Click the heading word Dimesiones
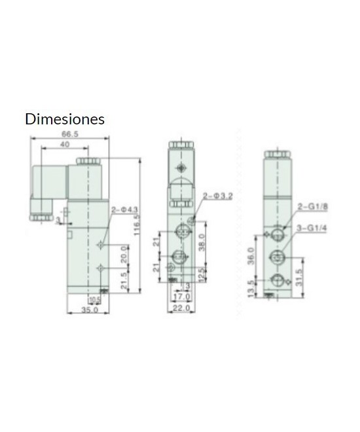point(65,120)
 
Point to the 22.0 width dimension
point(182,307)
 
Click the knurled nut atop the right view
point(278,153)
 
